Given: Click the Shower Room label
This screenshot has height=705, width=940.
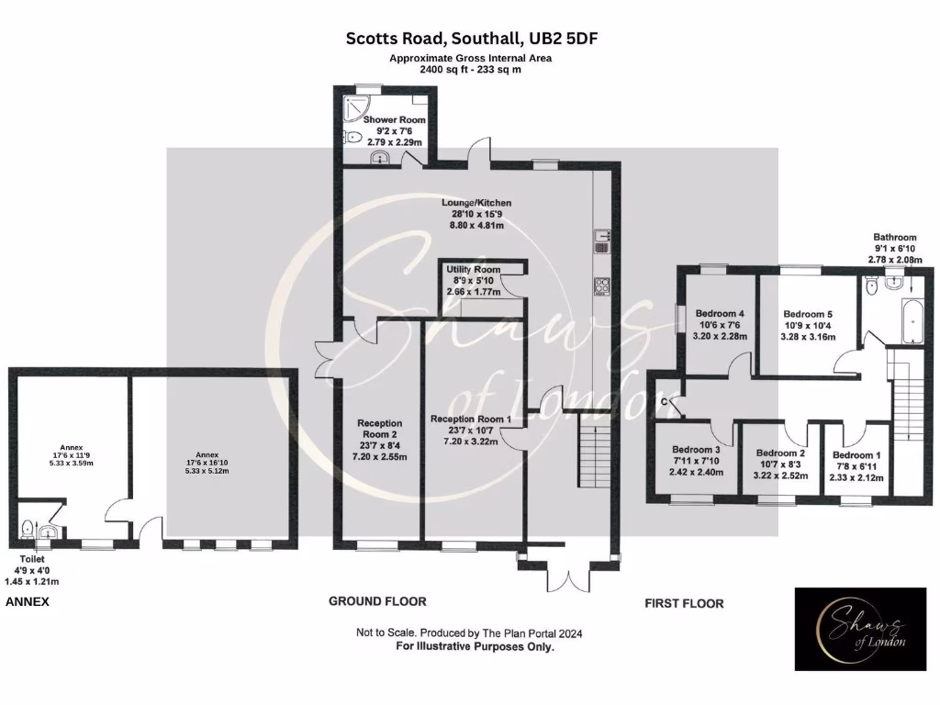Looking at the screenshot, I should [x=394, y=120].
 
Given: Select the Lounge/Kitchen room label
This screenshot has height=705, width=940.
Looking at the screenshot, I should [x=476, y=203].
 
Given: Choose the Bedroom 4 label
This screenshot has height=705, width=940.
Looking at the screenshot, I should [x=720, y=314].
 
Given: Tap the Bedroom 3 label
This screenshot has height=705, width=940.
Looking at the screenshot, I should [x=697, y=449].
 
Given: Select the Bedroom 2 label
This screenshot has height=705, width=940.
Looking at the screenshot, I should [x=780, y=453].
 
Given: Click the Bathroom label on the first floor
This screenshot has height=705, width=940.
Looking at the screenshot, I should [x=894, y=237].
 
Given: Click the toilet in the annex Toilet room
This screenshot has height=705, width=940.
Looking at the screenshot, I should [x=28, y=530].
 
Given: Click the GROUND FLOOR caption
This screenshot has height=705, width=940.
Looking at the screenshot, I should [x=377, y=601].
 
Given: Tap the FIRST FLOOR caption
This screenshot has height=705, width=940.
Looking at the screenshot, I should [x=683, y=603].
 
